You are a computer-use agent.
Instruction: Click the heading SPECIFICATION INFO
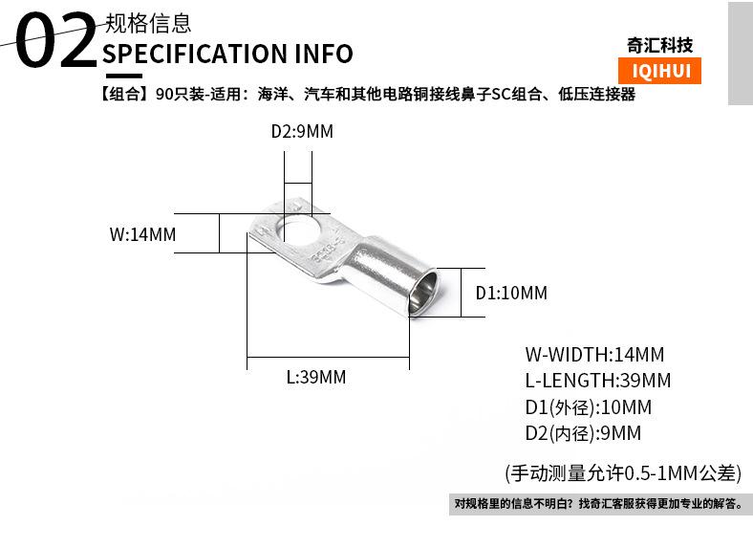(x=227, y=53)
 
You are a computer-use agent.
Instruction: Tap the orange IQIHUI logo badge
(x=660, y=71)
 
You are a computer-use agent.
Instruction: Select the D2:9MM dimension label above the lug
(x=302, y=132)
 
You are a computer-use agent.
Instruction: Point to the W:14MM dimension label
(x=143, y=234)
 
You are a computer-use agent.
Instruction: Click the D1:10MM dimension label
(x=511, y=293)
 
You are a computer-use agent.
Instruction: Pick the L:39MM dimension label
(x=315, y=377)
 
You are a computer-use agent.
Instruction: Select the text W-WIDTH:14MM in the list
(x=594, y=354)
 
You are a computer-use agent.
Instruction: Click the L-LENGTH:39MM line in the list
(x=598, y=381)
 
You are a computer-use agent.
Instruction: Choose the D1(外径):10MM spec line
(x=588, y=406)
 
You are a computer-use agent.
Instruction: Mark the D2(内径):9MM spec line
(x=583, y=433)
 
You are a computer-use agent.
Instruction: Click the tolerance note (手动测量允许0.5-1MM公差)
(x=622, y=471)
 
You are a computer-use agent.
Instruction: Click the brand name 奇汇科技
(x=659, y=45)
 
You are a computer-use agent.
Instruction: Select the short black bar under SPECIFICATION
(x=122, y=76)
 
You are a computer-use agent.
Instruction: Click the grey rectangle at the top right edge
(x=740, y=53)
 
